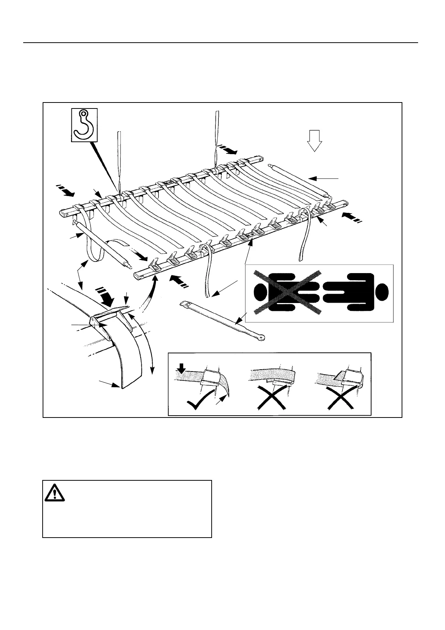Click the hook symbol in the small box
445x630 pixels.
84,125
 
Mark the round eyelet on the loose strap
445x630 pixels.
264,337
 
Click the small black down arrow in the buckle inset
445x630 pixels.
181,370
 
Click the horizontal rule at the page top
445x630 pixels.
221,43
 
